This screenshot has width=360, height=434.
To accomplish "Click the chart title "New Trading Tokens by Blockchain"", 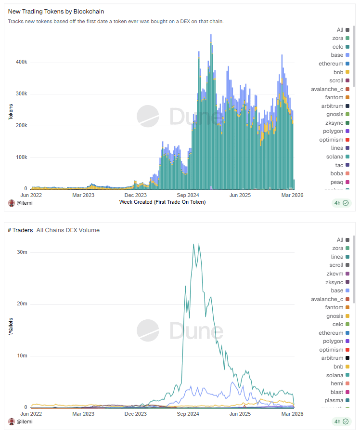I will click(56, 11).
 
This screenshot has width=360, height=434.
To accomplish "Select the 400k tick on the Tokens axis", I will click(22, 62).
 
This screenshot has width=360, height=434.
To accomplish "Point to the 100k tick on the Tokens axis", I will click(22, 158).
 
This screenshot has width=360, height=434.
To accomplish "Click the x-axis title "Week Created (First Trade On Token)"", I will click(162, 202).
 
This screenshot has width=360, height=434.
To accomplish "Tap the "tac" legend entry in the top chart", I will click(339, 165).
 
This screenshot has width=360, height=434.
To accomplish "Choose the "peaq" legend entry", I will click(336, 182).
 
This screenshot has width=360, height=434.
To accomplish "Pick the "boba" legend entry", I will click(336, 173).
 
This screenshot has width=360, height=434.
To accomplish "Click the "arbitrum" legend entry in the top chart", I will click(332, 106).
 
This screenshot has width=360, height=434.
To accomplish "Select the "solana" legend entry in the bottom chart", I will click(335, 375).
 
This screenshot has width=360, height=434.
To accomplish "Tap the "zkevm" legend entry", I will click(334, 274).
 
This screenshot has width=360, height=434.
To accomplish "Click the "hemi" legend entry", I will click(336, 383).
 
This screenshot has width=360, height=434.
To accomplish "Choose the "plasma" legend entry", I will click(334, 400).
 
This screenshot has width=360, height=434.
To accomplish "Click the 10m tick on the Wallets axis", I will click(22, 356).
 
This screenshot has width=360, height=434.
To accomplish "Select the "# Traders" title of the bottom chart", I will click(20, 230).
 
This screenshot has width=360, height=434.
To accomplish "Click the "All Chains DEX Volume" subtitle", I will click(68, 230).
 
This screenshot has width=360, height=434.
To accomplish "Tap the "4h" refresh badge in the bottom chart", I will click(341, 421).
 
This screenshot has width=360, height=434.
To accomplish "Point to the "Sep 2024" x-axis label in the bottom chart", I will click(188, 414).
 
